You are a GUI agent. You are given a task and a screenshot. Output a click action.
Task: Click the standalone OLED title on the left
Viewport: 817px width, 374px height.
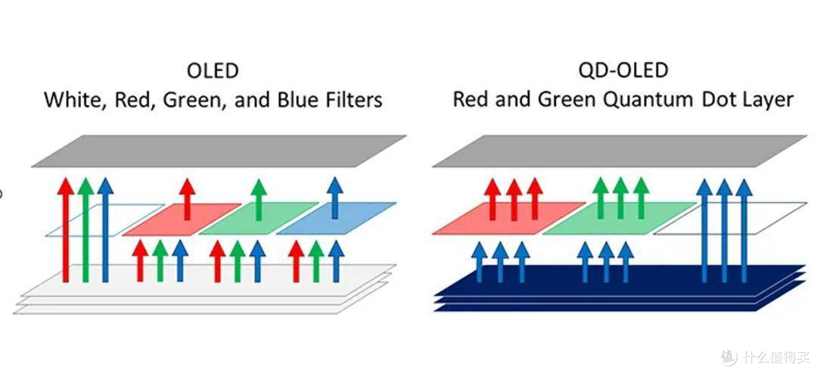tap(213, 71)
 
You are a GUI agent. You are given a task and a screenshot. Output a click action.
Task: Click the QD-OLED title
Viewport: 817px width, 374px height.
tap(623, 70)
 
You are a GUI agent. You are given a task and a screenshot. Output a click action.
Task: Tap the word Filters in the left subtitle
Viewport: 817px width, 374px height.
tap(353, 99)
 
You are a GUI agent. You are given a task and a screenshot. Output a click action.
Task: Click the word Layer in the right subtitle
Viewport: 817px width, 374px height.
tap(768, 100)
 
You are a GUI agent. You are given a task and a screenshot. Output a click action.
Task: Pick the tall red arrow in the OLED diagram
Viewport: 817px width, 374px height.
tap(66, 230)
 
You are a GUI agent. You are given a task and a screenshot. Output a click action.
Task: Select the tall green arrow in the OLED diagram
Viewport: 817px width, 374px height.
tap(85, 230)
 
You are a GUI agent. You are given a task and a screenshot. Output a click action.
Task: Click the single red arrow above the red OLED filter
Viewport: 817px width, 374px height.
tap(187, 199)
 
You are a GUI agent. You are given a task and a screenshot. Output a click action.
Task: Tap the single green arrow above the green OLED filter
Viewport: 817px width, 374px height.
tap(259, 199)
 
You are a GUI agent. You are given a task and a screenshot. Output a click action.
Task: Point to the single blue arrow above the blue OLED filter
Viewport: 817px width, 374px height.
tap(335, 198)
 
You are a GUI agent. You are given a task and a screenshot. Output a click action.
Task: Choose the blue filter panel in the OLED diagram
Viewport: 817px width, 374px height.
tap(336, 219)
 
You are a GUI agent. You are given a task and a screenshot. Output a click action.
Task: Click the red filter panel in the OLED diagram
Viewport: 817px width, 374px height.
tap(182, 220)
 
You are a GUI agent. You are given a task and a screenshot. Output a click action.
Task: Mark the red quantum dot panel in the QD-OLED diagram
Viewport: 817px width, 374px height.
tap(508, 219)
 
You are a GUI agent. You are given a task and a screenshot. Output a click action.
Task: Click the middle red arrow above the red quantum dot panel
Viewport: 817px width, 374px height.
tap(514, 199)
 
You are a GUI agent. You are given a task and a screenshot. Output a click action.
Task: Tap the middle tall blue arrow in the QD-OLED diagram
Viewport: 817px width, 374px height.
tap(724, 230)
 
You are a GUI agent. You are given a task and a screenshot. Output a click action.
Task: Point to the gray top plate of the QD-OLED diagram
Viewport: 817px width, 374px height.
tap(620, 151)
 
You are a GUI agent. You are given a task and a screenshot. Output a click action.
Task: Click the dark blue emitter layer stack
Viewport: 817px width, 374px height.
tap(620, 288)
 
